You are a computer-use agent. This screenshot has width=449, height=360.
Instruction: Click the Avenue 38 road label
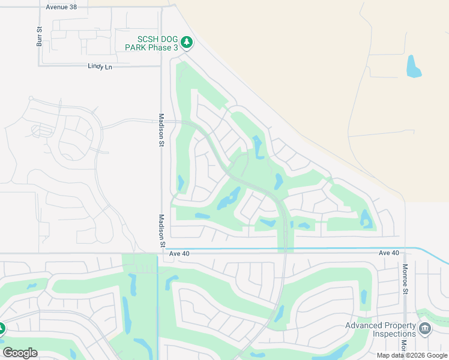[62, 7]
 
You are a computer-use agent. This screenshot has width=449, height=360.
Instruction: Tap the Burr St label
[40, 37]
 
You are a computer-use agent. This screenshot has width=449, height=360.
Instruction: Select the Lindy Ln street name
[100, 67]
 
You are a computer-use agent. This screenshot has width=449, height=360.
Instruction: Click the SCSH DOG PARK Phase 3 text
[151, 43]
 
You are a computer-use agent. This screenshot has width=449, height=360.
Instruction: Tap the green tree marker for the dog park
[187, 42]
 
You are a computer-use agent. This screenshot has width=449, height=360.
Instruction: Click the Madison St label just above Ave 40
[161, 231]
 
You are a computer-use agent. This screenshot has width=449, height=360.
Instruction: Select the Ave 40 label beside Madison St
[179, 254]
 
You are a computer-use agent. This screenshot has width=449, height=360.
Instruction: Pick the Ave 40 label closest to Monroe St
[389, 253]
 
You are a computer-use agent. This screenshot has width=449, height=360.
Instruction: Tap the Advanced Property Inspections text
[381, 329]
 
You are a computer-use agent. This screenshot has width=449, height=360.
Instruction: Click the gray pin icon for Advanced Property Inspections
[425, 329]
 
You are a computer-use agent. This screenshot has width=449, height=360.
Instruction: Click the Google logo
[20, 353]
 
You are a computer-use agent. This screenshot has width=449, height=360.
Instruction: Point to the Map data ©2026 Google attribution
[412, 355]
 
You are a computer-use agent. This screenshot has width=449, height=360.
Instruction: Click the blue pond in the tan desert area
[414, 67]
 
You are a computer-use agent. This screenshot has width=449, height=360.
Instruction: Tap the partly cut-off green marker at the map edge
[2, 329]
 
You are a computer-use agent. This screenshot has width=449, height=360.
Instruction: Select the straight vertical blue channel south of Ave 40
[158, 300]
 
